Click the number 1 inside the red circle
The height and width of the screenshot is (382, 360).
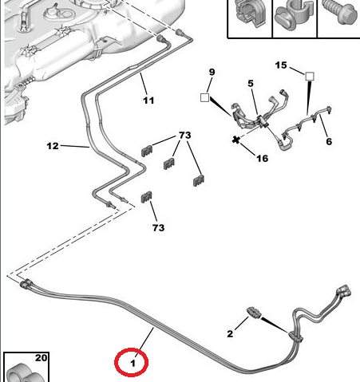click(133, 363)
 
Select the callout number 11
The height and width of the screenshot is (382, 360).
click(148, 100)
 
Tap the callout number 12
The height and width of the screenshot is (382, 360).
click(53, 146)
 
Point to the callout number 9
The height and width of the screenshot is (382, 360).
click(212, 72)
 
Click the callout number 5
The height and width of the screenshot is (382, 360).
click(251, 84)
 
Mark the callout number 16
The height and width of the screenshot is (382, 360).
click(262, 159)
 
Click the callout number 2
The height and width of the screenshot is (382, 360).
click(230, 333)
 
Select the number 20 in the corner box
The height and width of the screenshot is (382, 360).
click(41, 358)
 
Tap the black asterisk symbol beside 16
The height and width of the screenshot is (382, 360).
click(235, 140)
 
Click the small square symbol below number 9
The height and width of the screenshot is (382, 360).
click(204, 97)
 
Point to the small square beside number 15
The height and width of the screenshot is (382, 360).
click(309, 77)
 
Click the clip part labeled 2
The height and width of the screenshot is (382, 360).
click(254, 312)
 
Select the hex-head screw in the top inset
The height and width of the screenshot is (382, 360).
click(339, 11)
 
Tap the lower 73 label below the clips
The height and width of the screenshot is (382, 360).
click(158, 227)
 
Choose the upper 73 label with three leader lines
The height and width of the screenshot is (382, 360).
click(185, 135)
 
